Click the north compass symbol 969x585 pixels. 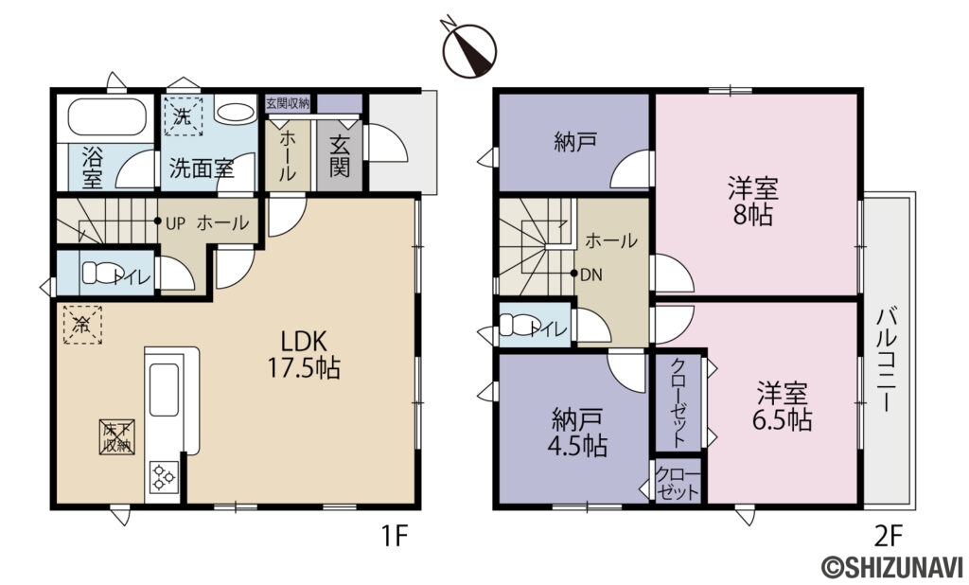[x=469, y=49]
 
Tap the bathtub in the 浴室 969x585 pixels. [x=104, y=120]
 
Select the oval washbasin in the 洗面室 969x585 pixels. [x=235, y=114]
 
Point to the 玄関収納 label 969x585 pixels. [x=288, y=103]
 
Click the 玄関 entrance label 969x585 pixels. [x=341, y=156]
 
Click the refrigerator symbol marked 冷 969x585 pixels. [x=82, y=326]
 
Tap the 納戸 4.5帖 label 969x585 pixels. [x=578, y=431]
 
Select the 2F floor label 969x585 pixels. [x=887, y=538]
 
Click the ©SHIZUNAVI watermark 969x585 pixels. [x=893, y=567]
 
